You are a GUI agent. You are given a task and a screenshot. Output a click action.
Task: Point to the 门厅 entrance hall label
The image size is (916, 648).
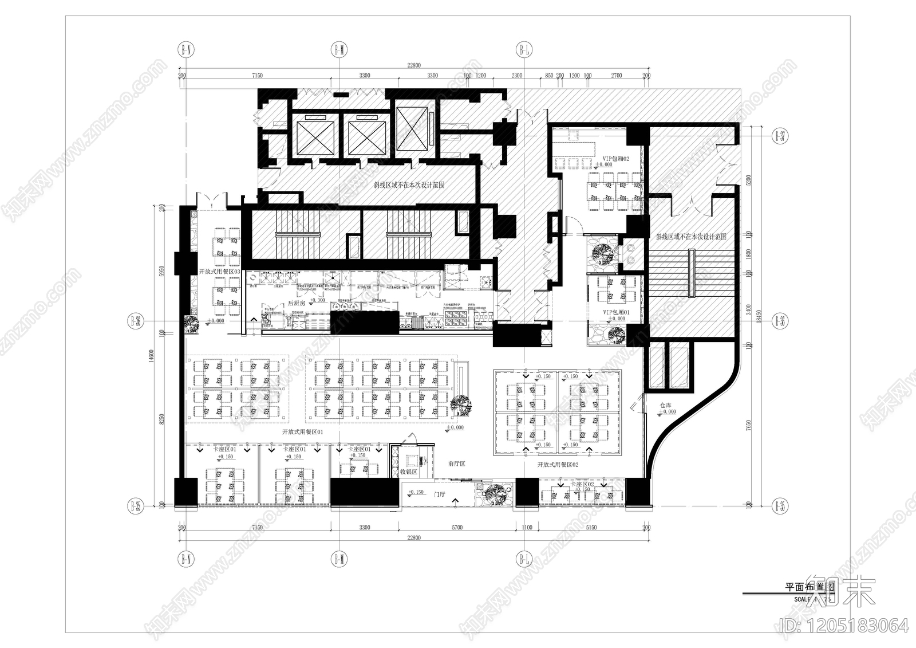[x=440, y=493]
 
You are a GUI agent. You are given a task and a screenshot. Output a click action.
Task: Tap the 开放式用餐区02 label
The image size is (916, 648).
[x=558, y=465]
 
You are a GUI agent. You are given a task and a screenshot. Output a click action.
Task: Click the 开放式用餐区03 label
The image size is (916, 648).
[x=219, y=271]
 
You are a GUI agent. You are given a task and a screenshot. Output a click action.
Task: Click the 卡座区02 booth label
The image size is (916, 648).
[x=582, y=484]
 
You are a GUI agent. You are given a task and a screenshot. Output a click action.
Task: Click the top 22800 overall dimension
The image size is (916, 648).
[x=413, y=65]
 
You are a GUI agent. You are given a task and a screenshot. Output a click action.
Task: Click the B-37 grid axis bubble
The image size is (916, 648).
[x=779, y=136]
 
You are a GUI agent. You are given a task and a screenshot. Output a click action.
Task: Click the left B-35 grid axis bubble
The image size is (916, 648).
[x=135, y=505]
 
